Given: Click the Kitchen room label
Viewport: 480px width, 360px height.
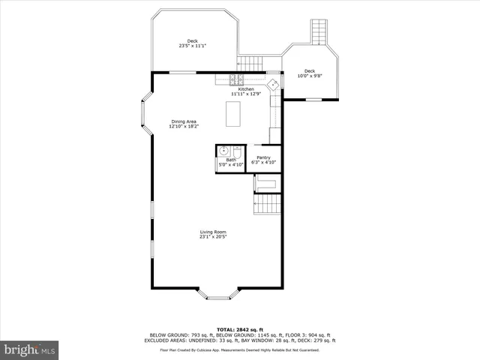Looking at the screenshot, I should (245, 89).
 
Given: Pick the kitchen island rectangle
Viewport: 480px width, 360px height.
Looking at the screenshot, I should (233, 115).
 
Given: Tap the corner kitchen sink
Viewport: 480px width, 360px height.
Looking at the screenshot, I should (274, 83).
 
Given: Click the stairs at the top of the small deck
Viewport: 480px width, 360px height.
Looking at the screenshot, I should (320, 32).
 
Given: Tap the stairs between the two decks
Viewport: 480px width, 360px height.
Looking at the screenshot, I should (252, 63).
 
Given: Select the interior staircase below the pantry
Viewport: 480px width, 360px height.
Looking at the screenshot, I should (268, 204).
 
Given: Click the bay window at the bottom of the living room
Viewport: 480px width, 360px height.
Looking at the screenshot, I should (218, 294).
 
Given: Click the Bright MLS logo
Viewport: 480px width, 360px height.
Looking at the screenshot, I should (30, 349).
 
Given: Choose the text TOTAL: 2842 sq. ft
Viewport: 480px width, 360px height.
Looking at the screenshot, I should (239, 329).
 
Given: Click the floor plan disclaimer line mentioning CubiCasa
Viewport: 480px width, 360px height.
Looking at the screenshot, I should (239, 350).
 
